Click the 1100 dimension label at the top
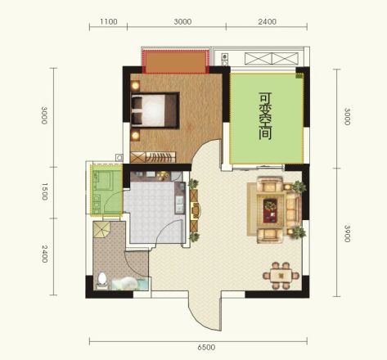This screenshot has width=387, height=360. point(109,21)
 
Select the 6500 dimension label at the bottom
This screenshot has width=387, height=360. point(206,347)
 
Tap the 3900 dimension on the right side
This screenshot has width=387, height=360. point(347,233)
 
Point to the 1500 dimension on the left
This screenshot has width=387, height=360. point(45,191)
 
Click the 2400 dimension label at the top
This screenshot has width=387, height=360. point(268,21)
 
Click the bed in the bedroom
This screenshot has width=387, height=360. point(155,110)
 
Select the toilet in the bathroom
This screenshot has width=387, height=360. point(102,280)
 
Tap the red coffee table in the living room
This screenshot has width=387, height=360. point(270,210)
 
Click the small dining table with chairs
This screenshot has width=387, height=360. point(281,276)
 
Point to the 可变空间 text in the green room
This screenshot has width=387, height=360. point(265,116)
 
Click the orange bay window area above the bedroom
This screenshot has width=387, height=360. point(176,62)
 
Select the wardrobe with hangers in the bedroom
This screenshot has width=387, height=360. point(153,157)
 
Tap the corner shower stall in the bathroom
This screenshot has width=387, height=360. point(101,230)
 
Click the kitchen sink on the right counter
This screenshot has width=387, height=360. point(180,205)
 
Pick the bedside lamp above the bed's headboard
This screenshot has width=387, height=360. point(135,86)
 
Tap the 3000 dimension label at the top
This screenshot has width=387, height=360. point(182,21)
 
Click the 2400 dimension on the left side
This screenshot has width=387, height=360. point(45,254)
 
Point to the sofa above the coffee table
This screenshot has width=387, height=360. point(270,184)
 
